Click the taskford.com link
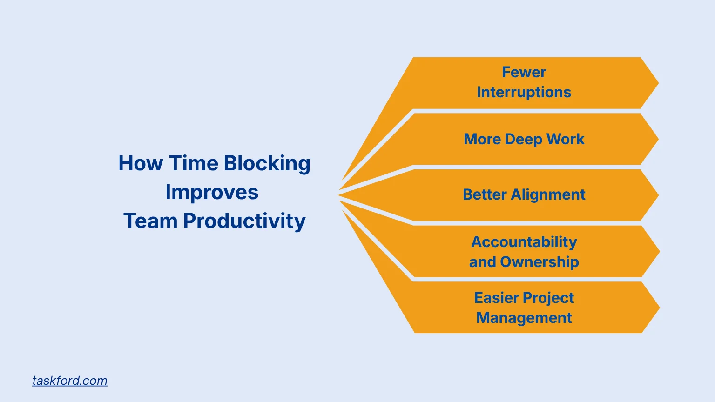[70, 381]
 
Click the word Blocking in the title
[267, 164]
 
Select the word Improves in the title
[212, 192]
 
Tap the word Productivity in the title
[244, 221]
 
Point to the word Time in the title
[193, 163]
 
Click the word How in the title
[141, 163]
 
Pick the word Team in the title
[150, 221]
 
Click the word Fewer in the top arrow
[524, 72]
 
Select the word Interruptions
[524, 92]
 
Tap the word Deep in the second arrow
[523, 139]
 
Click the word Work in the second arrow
[565, 139]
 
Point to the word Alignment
[548, 194]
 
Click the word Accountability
[524, 242]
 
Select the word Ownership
[540, 262]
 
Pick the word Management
[524, 318]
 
